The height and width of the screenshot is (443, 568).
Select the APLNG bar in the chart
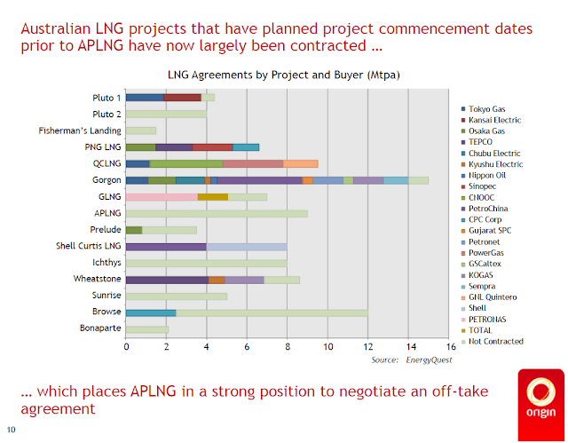tap(217, 213)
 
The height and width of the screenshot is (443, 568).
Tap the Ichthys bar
tap(206, 263)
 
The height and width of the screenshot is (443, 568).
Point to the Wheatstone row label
tap(99, 280)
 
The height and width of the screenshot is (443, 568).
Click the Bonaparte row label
tap(100, 329)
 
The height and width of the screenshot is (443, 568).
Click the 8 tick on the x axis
tap(288, 347)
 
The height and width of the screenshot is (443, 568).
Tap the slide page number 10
tap(12, 431)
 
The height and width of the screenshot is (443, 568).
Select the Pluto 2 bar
tap(166, 114)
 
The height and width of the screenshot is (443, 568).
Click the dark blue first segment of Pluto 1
tap(145, 97)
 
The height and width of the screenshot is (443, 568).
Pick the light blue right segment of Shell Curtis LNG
tap(247, 247)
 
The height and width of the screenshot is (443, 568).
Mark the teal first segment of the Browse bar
tap(151, 312)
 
